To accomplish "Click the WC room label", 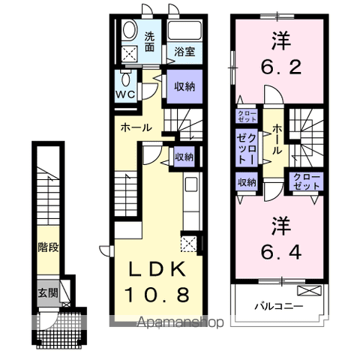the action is (x=125, y=94).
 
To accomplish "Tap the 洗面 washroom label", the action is (x=149, y=42).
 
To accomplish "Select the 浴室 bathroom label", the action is (x=184, y=52).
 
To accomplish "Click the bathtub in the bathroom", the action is (x=184, y=31).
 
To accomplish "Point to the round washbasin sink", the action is (x=130, y=31).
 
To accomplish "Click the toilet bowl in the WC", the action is (x=126, y=79).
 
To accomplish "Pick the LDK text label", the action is (x=157, y=269).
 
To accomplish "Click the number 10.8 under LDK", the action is (x=157, y=295).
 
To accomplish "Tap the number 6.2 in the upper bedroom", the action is (x=281, y=67).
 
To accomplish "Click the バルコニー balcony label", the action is (x=279, y=306).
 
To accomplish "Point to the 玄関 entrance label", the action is (x=48, y=292).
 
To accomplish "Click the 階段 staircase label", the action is (x=48, y=247).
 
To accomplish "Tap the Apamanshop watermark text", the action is (x=181, y=322).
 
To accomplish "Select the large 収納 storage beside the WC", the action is (x=184, y=86).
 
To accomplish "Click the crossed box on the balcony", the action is (x=309, y=290).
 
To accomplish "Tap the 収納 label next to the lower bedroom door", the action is (x=247, y=182).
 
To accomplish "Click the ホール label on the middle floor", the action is (x=136, y=127).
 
